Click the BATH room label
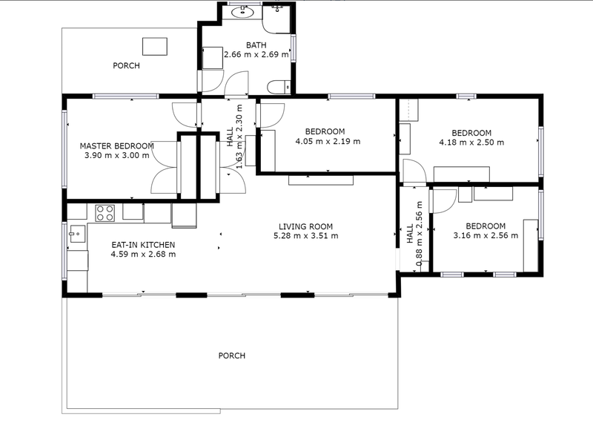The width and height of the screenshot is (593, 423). pyautogui.click(x=256, y=45)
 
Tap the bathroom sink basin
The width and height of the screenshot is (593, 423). pyautogui.click(x=242, y=13)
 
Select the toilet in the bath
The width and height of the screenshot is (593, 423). pyautogui.click(x=279, y=87)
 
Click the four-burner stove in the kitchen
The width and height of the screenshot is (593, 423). pyautogui.click(x=105, y=213)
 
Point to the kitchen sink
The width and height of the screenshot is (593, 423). pyautogui.click(x=77, y=234)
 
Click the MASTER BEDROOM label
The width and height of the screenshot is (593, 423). pyautogui.click(x=117, y=145)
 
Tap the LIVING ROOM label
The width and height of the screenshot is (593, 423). pyautogui.click(x=305, y=226)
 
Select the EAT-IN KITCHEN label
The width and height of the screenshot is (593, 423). pyautogui.click(x=143, y=245)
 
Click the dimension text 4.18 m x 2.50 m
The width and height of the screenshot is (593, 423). pyautogui.click(x=471, y=142)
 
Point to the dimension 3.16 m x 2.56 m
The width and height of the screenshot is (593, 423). pyautogui.click(x=486, y=235)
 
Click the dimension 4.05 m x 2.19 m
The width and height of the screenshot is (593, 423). pyautogui.click(x=328, y=141)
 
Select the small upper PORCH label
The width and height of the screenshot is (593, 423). pyautogui.click(x=126, y=65)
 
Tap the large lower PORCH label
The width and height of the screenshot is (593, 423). pyautogui.click(x=232, y=355)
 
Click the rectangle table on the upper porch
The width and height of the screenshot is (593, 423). pyautogui.click(x=155, y=46)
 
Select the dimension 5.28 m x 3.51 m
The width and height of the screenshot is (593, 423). pyautogui.click(x=305, y=235)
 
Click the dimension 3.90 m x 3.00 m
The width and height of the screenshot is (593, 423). pyautogui.click(x=117, y=155)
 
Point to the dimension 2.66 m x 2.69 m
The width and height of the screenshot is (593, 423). pyautogui.click(x=256, y=54)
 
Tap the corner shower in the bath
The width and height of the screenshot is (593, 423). pyautogui.click(x=277, y=19)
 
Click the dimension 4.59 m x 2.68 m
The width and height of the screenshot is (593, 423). pyautogui.click(x=143, y=254)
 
